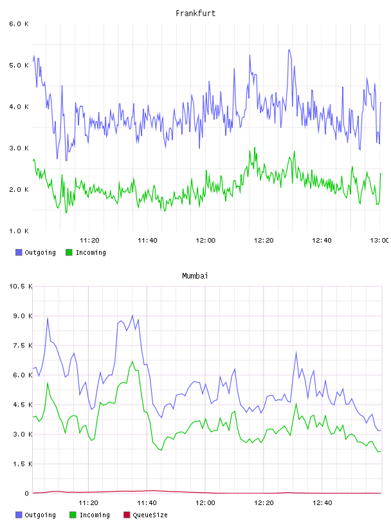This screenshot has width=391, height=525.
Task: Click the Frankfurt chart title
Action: click(x=195, y=14)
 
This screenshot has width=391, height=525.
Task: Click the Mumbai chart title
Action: click(x=195, y=276)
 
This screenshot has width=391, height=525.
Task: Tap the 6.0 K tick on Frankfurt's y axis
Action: click(x=19, y=24)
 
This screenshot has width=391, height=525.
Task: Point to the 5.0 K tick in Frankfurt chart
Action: click(x=19, y=65)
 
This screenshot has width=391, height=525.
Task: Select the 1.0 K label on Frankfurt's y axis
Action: click(x=19, y=231)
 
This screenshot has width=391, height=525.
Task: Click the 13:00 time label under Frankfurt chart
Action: click(x=379, y=241)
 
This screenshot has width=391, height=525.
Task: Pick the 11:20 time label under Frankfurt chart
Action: click(x=89, y=241)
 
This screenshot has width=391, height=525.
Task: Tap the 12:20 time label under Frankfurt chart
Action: click(x=264, y=241)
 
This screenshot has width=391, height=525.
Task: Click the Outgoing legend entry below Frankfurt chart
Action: click(x=35, y=252)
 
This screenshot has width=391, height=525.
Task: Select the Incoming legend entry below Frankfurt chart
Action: click(x=86, y=252)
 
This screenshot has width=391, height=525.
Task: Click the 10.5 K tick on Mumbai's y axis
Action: click(x=21, y=286)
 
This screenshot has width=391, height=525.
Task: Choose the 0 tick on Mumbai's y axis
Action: click(x=26, y=493)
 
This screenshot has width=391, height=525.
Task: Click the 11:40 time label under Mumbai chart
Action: click(x=147, y=503)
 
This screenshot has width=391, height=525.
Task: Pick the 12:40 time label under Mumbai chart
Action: click(x=322, y=503)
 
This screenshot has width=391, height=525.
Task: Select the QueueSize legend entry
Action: click(x=145, y=515)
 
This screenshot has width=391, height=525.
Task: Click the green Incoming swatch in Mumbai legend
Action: click(x=72, y=515)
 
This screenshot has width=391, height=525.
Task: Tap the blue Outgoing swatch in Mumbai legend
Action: click(x=19, y=515)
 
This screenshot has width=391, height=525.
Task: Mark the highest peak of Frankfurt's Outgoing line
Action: click(x=289, y=50)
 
